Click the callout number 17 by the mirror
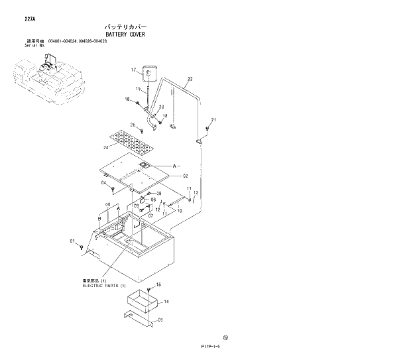(133, 70)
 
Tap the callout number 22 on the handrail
(190, 80)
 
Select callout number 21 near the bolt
(213, 120)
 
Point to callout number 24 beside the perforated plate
(105, 147)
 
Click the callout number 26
(133, 125)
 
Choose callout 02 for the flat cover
(186, 176)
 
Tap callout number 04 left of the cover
(104, 182)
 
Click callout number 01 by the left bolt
(72, 242)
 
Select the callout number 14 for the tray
(166, 302)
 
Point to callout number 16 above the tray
(158, 284)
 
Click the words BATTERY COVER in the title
(125, 34)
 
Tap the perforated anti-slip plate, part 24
(130, 139)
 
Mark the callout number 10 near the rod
(179, 210)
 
